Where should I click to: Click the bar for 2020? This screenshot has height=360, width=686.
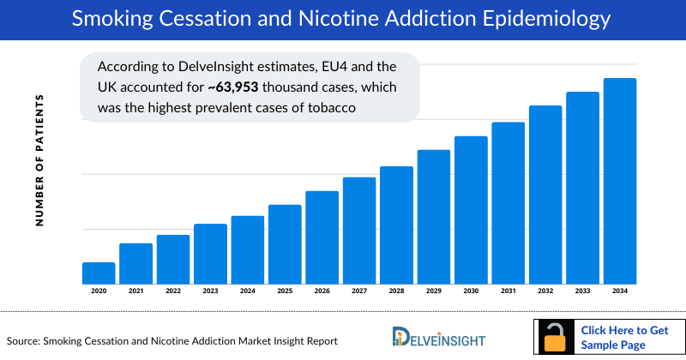tap(99, 273)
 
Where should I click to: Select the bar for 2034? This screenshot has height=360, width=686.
tap(620, 181)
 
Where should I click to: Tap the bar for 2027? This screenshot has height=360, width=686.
tap(359, 230)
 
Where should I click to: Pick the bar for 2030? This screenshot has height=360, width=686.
tap(471, 209)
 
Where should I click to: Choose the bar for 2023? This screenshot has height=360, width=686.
tap(210, 253)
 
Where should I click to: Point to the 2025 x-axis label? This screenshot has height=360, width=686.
tap(285, 291)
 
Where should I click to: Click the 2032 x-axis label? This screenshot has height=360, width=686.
tap(545, 291)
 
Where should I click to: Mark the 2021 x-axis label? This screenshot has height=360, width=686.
tap(135, 291)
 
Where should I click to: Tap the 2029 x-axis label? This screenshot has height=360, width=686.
tap(434, 291)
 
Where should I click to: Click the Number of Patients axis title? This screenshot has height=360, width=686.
tap(39, 161)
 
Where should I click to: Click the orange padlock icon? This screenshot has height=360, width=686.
tap(557, 337)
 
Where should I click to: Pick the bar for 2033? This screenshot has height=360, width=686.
tap(582, 188)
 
